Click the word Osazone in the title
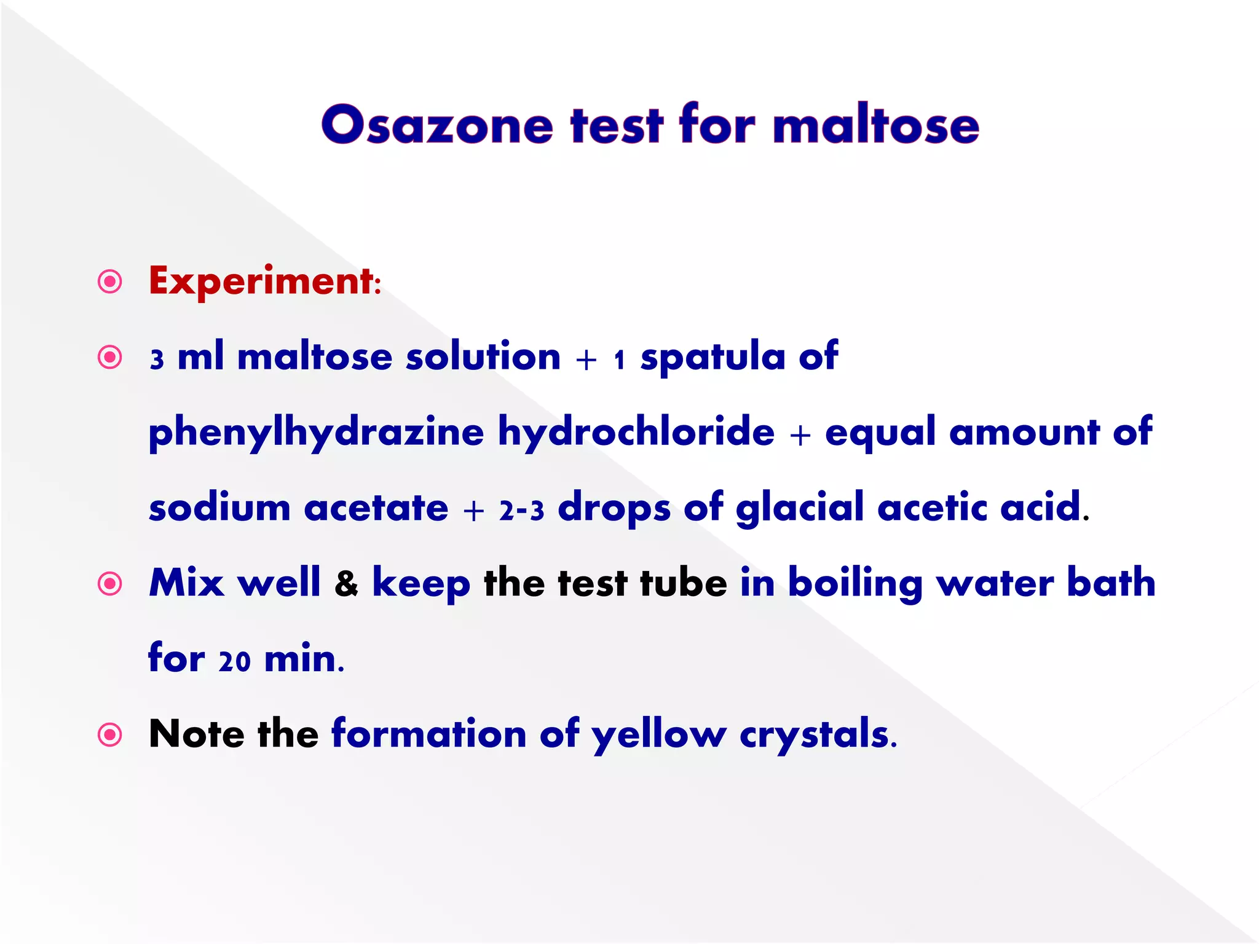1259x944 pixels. coord(437,125)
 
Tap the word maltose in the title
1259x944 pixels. coord(875,125)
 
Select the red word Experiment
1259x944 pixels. coord(261,281)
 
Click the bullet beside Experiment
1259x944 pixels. coord(110,282)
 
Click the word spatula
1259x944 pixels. coord(712,357)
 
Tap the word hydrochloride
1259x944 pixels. coord(636,431)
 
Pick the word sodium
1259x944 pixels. coord(219,508)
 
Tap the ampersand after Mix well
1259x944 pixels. coord(346,584)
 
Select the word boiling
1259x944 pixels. coord(854,584)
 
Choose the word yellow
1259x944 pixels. coord(658,735)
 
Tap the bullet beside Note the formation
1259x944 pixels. coord(110,734)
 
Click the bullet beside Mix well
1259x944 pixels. coord(110,583)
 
